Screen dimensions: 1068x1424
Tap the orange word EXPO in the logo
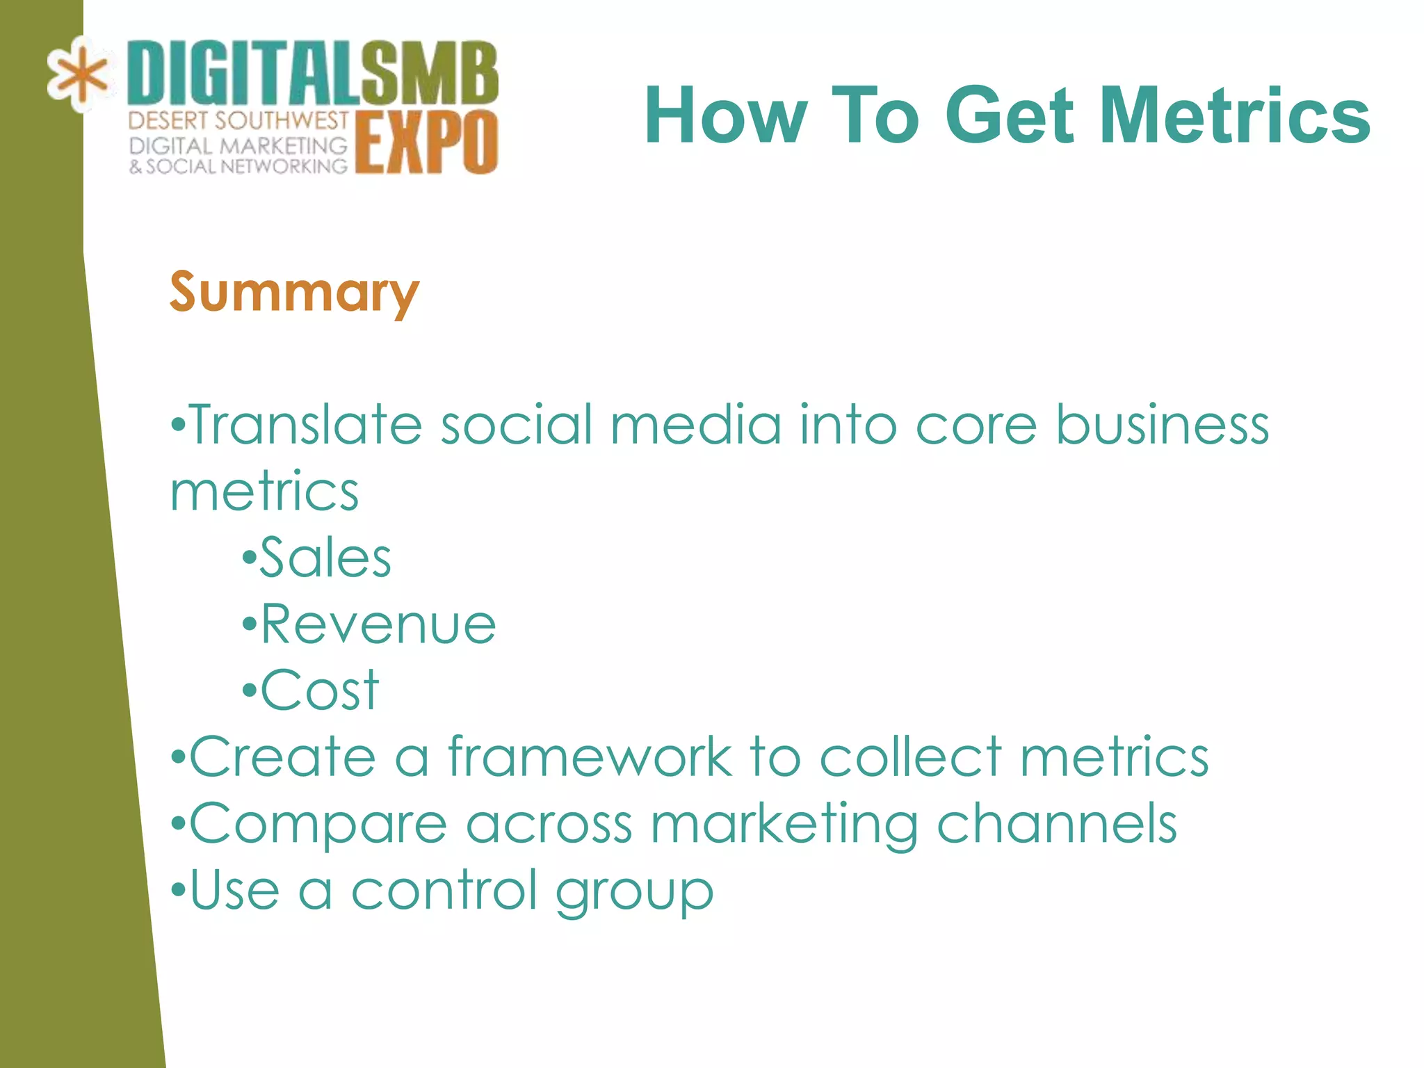pyautogui.click(x=426, y=143)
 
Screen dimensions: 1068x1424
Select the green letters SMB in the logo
pyautogui.click(x=429, y=73)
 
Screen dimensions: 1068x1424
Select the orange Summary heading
pyautogui.click(x=294, y=293)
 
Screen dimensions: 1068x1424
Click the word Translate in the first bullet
pyautogui.click(x=306, y=425)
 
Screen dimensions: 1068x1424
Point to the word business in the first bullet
pyautogui.click(x=1163, y=425)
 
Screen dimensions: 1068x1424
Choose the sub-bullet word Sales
pyautogui.click(x=325, y=558)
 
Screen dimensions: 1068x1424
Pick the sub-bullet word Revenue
pyautogui.click(x=378, y=624)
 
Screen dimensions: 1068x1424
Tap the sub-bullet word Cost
pyautogui.click(x=319, y=690)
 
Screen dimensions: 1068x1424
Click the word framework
pyautogui.click(x=590, y=757)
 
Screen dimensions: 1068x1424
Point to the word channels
pyautogui.click(x=1057, y=824)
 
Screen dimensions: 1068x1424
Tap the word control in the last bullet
pyautogui.click(x=444, y=890)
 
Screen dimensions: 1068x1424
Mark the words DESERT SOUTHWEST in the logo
pyautogui.click(x=238, y=120)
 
